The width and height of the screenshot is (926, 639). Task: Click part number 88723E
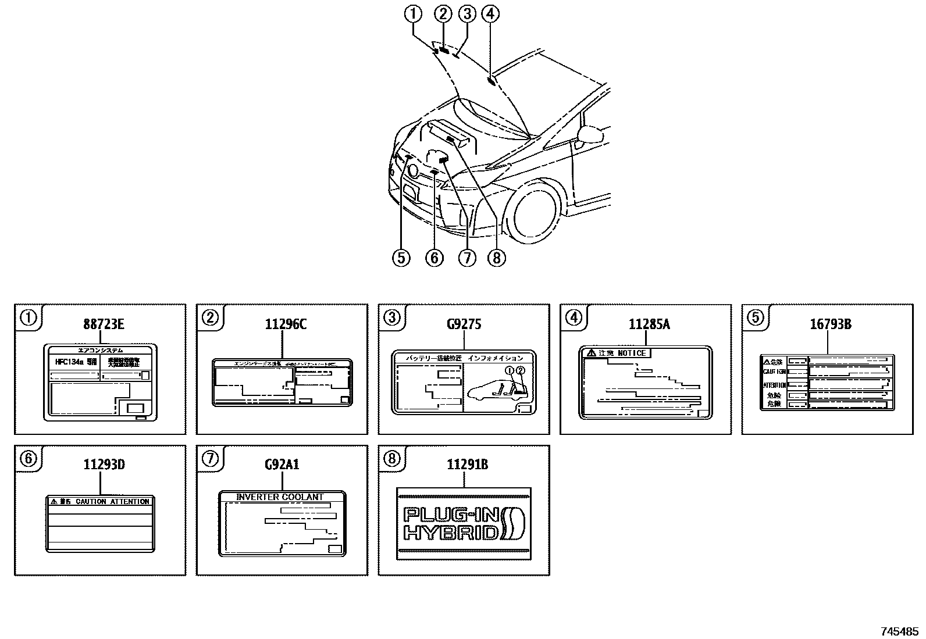click(x=103, y=324)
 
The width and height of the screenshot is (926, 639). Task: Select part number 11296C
click(x=285, y=324)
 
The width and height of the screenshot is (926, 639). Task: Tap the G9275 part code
click(x=464, y=324)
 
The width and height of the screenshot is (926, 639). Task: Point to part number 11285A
click(x=649, y=324)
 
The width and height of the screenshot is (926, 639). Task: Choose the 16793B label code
click(x=831, y=324)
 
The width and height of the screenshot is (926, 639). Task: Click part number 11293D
click(x=104, y=464)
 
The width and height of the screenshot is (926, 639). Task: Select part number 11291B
click(x=467, y=464)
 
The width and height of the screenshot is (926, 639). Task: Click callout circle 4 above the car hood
click(x=490, y=13)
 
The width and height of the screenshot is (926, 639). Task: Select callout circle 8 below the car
click(x=496, y=257)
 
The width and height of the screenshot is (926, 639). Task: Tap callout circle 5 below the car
click(x=401, y=257)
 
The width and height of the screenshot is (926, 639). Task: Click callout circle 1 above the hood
click(x=414, y=13)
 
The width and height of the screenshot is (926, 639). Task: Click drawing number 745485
click(x=900, y=631)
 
